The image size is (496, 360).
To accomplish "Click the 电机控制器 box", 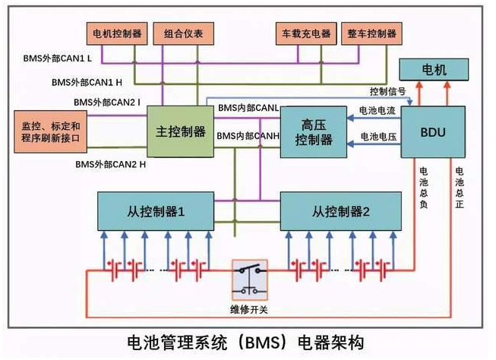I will point(115,34).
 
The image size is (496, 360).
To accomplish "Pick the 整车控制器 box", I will point(371,34).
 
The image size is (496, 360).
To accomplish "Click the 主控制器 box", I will point(181,131).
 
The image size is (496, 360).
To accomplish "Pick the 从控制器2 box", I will point(340,210).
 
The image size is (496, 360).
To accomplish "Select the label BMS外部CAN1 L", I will point(58,58).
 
